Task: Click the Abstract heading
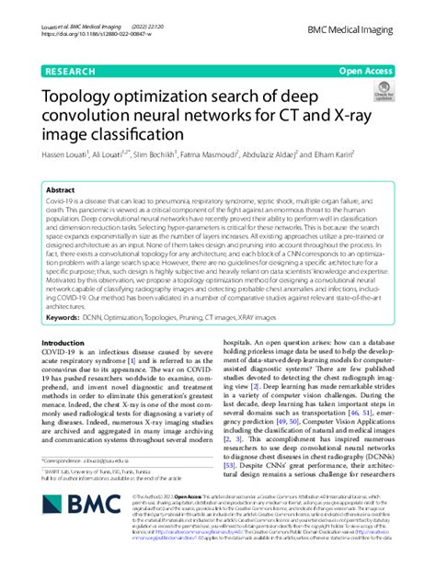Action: coord(62,189)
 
